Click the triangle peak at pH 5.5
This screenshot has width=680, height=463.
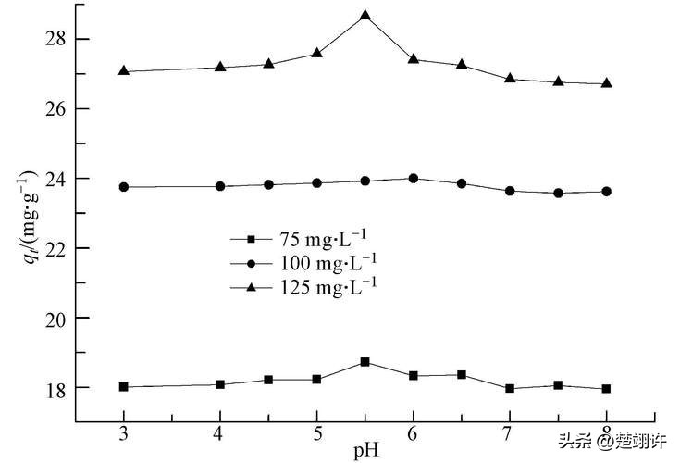click(x=365, y=16)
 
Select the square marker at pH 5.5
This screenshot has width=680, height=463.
click(x=365, y=362)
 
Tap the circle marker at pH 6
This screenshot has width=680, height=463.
click(x=414, y=179)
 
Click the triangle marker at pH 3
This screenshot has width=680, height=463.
click(x=124, y=71)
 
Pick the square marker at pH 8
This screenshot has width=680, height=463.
click(x=607, y=389)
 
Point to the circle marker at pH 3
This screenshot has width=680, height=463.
click(x=124, y=187)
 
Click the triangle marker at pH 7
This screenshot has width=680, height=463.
click(x=510, y=79)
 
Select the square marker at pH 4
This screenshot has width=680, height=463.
click(x=220, y=384)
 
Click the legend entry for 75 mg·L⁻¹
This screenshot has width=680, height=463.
click(x=305, y=238)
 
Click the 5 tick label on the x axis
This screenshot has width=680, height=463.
click(x=317, y=434)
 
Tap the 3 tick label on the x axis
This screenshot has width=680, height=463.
click(x=124, y=434)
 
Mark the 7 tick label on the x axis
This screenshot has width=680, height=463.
click(x=510, y=434)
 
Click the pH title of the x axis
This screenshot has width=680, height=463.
click(x=365, y=451)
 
